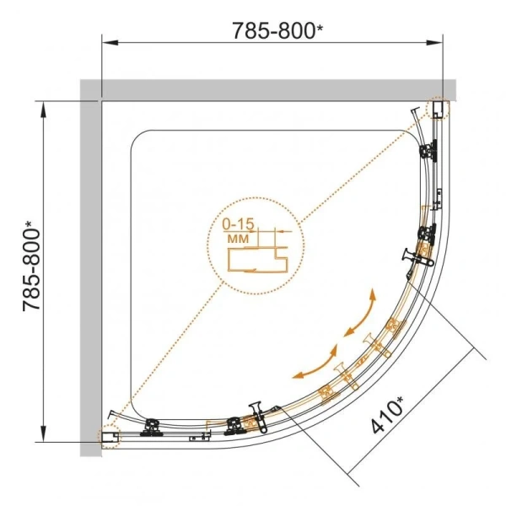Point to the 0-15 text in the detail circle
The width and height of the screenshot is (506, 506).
coord(239,224)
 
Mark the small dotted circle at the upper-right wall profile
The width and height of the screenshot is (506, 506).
coord(440,109)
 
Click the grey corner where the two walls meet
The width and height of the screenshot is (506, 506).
coord(90,89)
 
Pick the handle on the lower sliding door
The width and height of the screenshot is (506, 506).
coord(255,409)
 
